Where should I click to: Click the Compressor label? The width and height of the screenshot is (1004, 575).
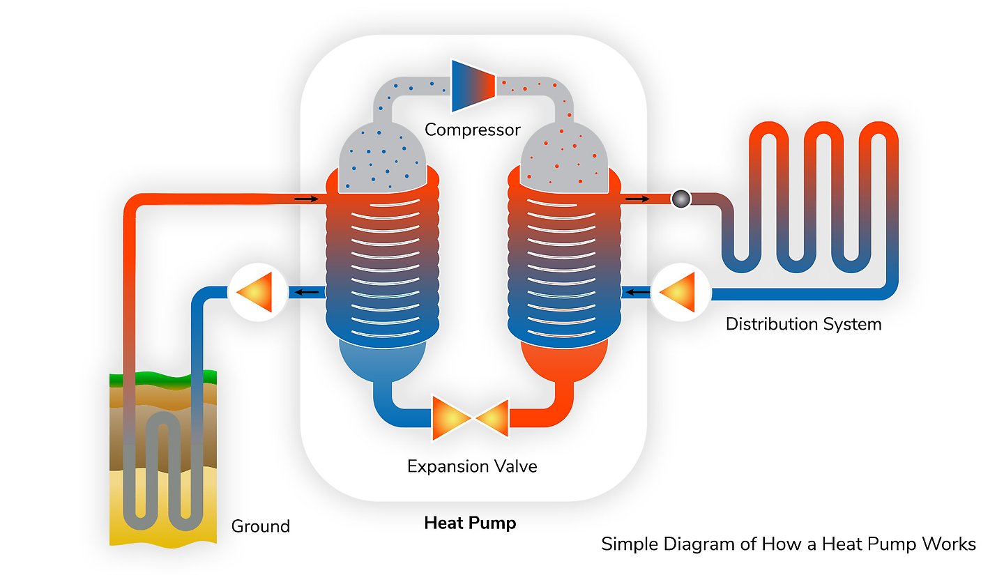[472, 130]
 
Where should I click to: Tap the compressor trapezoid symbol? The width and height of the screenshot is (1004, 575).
[473, 86]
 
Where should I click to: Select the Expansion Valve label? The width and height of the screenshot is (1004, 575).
[472, 466]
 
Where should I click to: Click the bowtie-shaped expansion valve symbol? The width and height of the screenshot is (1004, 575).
[472, 418]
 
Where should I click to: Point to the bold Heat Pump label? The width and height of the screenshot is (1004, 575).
[470, 523]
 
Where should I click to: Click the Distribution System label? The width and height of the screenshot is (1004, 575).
[803, 324]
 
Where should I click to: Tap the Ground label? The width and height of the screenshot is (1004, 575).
[260, 526]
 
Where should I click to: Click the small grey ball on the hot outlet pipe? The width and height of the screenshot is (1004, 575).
[680, 199]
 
